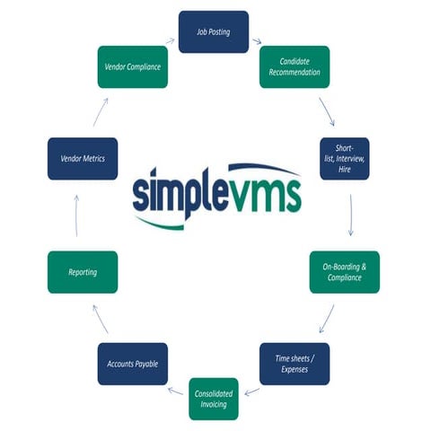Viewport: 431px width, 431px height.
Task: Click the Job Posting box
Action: point(214,32)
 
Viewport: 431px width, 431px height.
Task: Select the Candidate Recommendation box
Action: point(295,66)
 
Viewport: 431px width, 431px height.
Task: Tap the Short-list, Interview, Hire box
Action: point(345,158)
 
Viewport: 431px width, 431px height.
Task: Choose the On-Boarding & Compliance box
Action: point(345,272)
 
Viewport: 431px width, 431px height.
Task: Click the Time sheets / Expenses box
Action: point(295,364)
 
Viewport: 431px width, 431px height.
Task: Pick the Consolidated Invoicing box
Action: point(214,399)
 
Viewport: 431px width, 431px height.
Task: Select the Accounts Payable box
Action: point(132,364)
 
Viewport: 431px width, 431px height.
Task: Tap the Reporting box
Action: point(83,272)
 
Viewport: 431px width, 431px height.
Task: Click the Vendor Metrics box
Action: point(83,158)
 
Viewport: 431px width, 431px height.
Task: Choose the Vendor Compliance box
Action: point(132,66)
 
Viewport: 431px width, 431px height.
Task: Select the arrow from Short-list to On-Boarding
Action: point(350,215)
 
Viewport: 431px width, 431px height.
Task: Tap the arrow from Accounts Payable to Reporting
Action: point(100,319)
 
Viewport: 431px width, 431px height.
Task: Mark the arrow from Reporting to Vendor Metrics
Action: point(76,216)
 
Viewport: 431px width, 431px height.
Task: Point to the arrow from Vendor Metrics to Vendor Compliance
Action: point(101,112)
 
